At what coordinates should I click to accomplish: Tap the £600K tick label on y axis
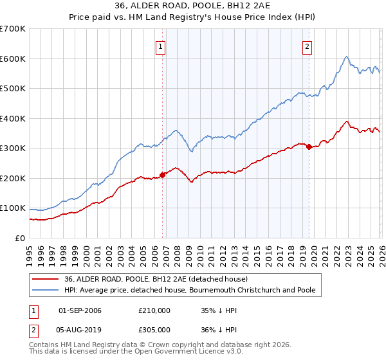(13, 59)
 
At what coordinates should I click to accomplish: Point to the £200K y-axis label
(13, 178)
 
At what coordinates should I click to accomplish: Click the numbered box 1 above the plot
(160, 46)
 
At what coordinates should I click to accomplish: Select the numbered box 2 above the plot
(308, 46)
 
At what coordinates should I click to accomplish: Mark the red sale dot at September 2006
(162, 174)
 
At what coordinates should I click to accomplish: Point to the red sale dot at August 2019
(309, 147)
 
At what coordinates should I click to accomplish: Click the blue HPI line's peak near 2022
(346, 57)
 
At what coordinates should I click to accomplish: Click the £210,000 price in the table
(154, 310)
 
